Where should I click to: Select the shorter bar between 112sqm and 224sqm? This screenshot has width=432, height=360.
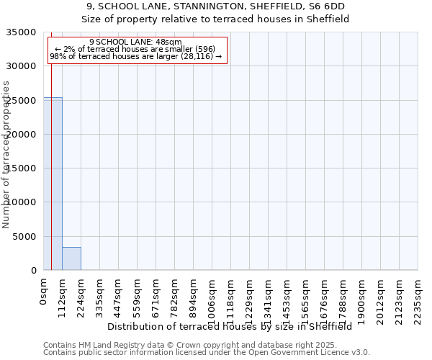coord(71,258)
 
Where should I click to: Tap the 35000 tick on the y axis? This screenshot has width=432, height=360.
coord(23,32)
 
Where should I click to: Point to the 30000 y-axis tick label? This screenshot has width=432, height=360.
coord(23,66)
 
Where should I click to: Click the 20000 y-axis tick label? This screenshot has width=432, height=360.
coord(23,135)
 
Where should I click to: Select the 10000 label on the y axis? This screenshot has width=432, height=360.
coord(23,202)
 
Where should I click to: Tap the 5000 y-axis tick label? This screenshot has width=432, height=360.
coord(26,237)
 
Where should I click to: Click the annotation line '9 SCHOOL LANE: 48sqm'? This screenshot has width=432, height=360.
coord(136,42)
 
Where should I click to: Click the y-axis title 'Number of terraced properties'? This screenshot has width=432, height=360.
coord(6,155)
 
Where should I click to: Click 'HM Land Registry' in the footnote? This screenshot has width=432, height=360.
coord(106,345)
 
